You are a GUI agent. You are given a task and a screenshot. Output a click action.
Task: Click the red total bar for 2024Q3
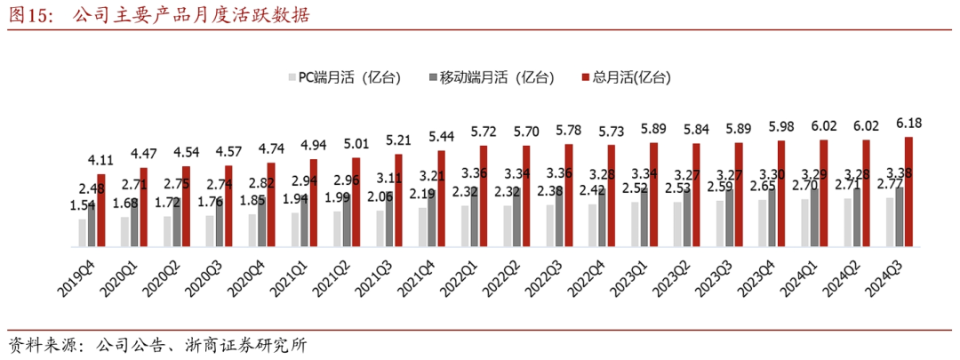908,191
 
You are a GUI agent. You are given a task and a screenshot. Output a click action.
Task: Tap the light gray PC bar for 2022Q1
465,226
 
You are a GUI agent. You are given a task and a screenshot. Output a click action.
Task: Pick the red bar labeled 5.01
356,202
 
